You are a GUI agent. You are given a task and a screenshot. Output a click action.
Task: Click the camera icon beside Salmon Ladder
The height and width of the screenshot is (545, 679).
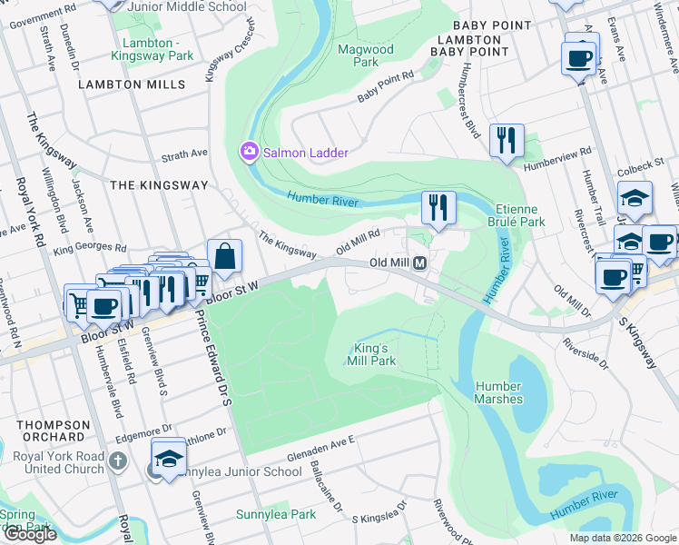[248, 152]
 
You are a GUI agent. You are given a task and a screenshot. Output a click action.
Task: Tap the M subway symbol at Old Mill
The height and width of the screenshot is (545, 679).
[420, 263]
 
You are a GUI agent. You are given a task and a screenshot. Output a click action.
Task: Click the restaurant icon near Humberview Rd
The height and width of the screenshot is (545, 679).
[506, 140]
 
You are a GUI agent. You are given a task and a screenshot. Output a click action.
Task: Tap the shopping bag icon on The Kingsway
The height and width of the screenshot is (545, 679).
[224, 255]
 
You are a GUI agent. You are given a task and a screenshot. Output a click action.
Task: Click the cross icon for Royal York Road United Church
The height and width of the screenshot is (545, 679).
[116, 461]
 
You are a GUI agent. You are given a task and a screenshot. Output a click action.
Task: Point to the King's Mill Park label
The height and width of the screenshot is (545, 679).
[371, 354]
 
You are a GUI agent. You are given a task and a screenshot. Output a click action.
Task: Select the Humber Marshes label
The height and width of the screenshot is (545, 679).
[498, 392]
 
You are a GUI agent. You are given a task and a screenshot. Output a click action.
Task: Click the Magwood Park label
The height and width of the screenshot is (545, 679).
[365, 55]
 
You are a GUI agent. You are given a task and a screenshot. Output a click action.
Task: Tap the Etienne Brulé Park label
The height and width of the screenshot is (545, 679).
[520, 215]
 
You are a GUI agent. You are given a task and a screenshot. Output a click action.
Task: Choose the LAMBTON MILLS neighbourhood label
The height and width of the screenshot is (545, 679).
[132, 84]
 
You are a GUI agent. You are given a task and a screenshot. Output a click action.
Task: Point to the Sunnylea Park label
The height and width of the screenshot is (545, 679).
[276, 514]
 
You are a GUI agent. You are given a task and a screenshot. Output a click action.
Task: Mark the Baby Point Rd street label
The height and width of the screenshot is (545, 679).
[385, 86]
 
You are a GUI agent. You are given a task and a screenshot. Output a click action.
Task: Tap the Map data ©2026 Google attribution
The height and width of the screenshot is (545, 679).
[622, 538]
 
